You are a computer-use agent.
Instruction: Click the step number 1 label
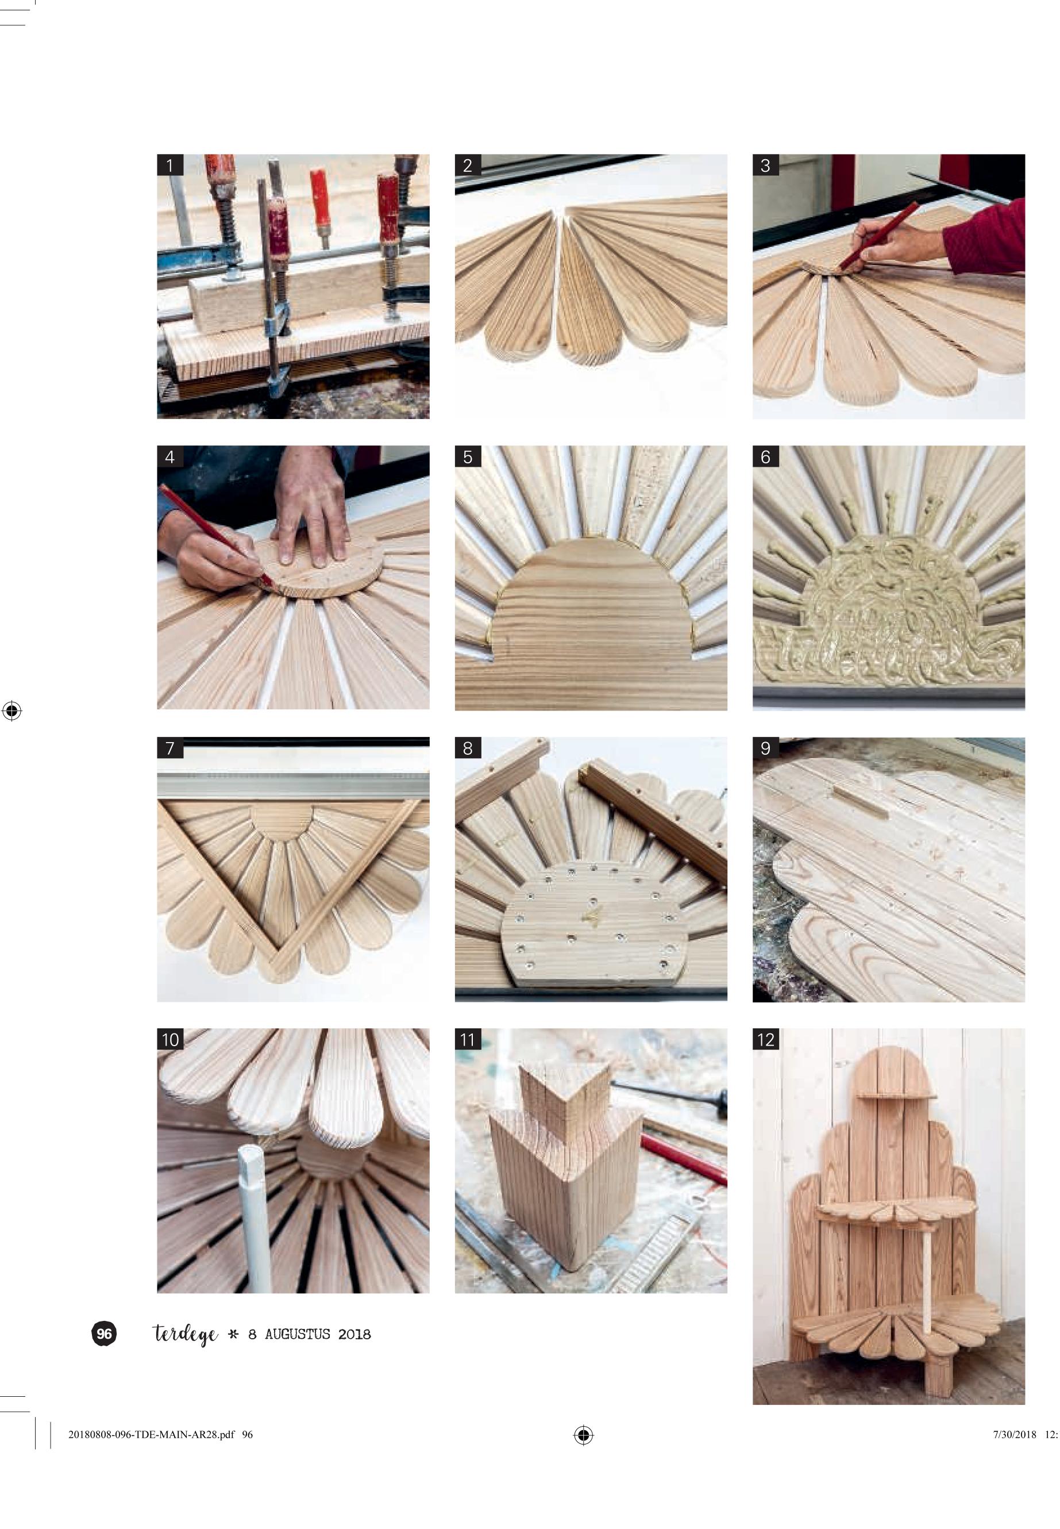(170, 165)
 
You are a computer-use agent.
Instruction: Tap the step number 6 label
(765, 456)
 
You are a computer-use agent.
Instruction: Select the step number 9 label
(765, 748)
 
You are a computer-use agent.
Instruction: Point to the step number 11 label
(468, 1039)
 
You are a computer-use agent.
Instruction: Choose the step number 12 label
(766, 1039)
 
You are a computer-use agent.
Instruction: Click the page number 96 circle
(103, 1334)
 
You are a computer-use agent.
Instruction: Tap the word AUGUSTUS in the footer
(298, 1334)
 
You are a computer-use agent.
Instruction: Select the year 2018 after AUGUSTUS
(354, 1334)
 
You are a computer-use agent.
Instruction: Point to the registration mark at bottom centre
(583, 1435)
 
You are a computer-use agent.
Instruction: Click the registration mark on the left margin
(12, 710)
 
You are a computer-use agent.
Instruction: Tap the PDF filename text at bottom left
(160, 1435)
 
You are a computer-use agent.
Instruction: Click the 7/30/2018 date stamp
(1015, 1435)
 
